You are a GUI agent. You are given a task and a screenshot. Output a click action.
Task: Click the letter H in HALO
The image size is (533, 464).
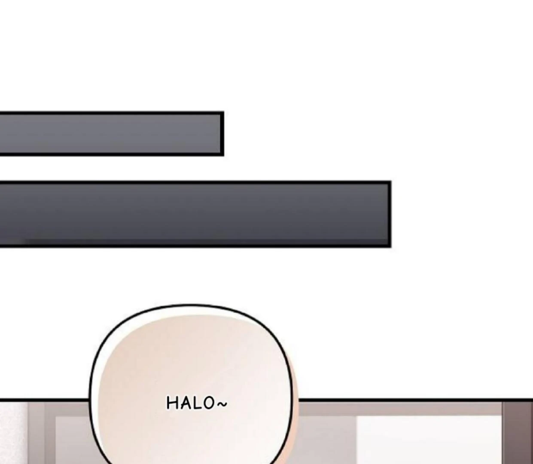tap(172, 403)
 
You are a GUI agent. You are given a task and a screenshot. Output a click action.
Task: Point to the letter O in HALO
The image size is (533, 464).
tap(209, 403)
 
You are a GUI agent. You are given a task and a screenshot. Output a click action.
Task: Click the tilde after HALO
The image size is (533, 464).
tap(222, 404)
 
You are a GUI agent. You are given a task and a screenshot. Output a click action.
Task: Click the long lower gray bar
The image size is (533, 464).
tap(195, 214)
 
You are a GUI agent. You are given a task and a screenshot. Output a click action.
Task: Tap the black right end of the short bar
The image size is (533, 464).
tap(222, 134)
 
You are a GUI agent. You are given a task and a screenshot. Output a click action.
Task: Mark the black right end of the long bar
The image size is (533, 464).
tap(390, 214)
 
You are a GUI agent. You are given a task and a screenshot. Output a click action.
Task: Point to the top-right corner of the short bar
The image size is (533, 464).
tap(224, 112)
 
